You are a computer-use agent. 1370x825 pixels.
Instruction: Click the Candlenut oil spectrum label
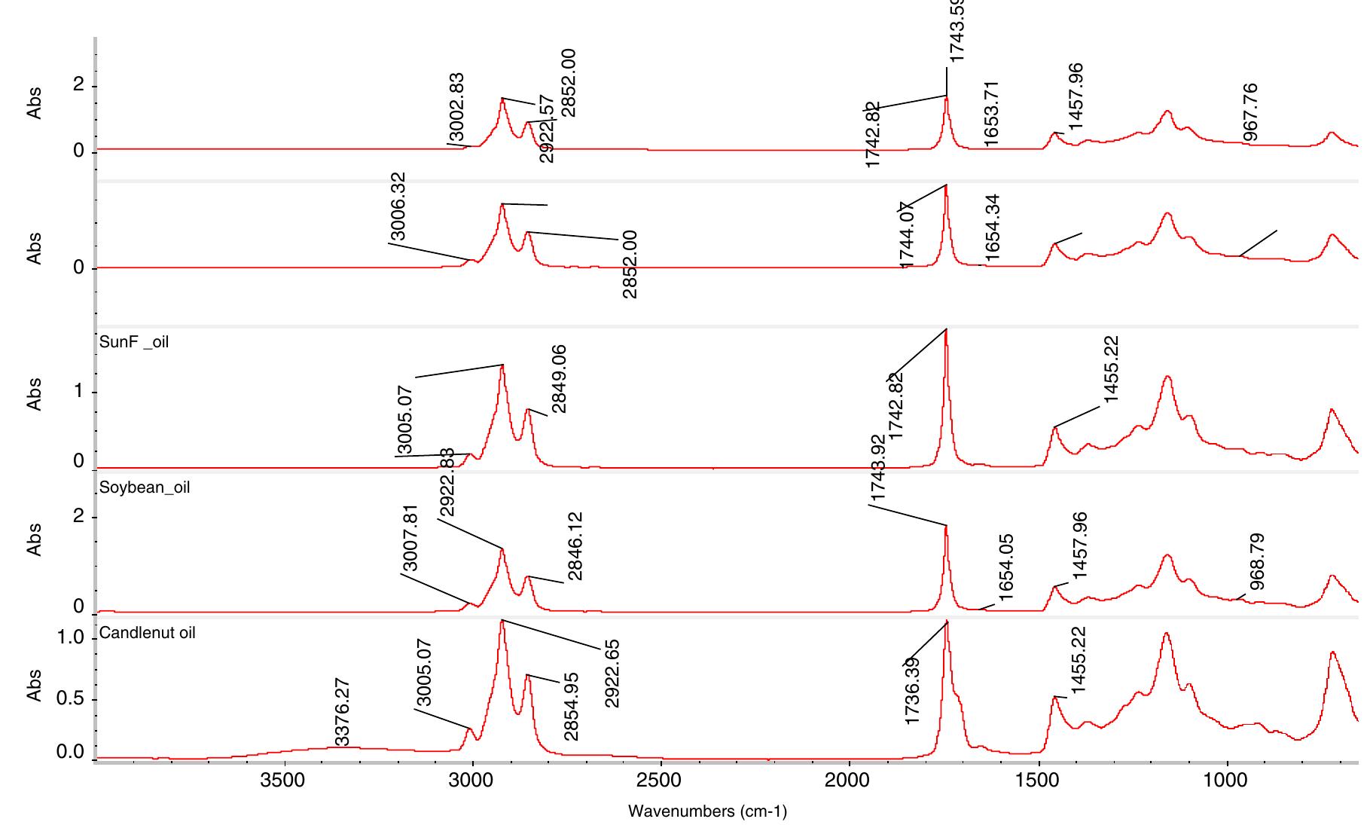click(x=147, y=633)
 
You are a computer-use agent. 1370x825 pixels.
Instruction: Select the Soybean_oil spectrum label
click(x=145, y=487)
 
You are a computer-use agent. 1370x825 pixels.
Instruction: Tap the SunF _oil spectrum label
click(x=134, y=342)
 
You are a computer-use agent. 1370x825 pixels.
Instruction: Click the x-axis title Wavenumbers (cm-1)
click(x=707, y=811)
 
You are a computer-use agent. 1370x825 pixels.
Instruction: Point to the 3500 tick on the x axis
click(x=283, y=780)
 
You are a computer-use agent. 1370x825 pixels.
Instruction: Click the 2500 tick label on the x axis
click(x=661, y=780)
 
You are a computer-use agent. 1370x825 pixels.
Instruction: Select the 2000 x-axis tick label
click(x=849, y=780)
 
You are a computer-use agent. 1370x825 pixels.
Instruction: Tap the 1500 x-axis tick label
click(x=1039, y=780)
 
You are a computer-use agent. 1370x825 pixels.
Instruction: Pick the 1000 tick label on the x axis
click(x=1227, y=780)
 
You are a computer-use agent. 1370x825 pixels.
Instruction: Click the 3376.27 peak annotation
click(x=342, y=713)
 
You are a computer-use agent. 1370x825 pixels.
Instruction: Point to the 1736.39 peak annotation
click(x=912, y=691)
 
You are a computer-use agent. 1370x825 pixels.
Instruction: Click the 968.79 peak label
click(x=1256, y=562)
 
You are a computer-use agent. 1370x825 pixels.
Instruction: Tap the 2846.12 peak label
click(x=575, y=546)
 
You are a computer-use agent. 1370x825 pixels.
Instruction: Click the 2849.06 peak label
click(x=558, y=379)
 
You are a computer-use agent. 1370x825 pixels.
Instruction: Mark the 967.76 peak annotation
click(x=1250, y=112)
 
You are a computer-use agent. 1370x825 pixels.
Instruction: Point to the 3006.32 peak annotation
click(x=398, y=206)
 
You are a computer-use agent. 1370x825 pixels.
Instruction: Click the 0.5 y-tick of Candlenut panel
click(x=71, y=699)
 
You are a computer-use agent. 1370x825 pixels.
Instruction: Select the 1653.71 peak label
click(x=991, y=114)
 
